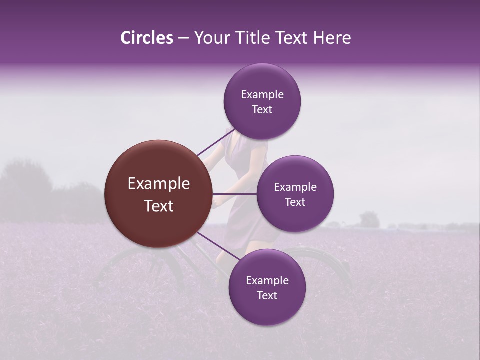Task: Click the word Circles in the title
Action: tap(146, 38)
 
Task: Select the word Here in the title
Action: tap(332, 38)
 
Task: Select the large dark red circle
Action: tap(159, 194)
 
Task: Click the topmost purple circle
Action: tap(262, 101)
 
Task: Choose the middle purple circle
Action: tap(295, 194)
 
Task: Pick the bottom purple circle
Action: tap(267, 287)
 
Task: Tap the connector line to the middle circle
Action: tap(235, 194)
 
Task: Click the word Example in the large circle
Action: tap(159, 184)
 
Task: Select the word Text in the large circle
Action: tap(159, 206)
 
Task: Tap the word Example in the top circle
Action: tap(262, 94)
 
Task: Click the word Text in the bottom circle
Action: tap(267, 295)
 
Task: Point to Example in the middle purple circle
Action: tap(295, 187)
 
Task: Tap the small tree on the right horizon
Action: tap(369, 219)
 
